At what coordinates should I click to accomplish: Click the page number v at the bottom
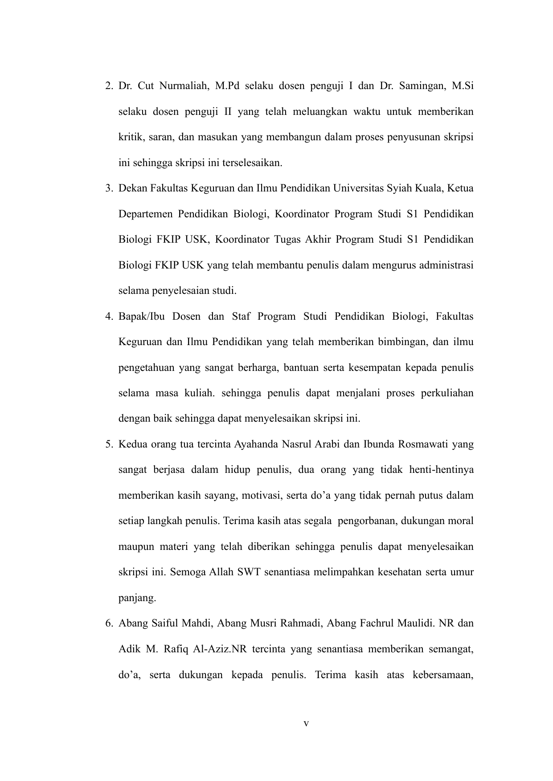[306, 724]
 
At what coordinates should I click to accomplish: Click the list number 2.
[108, 86]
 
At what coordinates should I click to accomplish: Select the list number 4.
[108, 317]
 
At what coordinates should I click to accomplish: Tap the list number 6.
[108, 623]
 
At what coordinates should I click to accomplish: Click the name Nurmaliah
[183, 86]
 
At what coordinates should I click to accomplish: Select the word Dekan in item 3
[133, 188]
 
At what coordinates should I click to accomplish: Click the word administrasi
[446, 265]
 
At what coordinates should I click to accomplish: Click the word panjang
[137, 598]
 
